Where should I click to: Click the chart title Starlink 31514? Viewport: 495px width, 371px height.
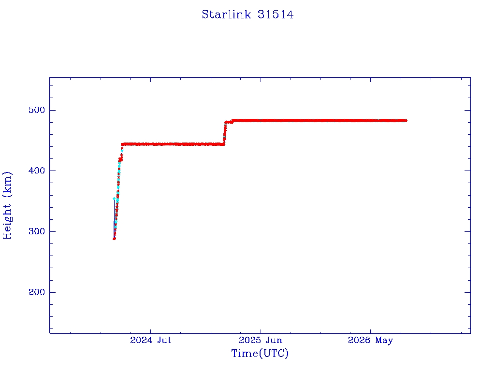point(247,14)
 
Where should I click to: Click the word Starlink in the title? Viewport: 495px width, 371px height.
point(226,14)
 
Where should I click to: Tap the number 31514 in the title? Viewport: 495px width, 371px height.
point(275,14)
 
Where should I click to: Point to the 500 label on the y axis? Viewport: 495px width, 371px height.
point(37,110)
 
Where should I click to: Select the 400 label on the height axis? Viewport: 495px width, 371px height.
point(37,171)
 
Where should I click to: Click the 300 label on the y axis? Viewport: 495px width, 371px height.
point(37,231)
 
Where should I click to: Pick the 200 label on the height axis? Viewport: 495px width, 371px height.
point(37,292)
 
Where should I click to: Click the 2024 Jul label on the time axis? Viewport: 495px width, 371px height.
point(150,340)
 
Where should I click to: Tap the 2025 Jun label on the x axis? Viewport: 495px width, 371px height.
point(261,340)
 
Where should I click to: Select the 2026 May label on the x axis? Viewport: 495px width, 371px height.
point(370,341)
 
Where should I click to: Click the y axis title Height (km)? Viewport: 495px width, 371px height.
point(7,205)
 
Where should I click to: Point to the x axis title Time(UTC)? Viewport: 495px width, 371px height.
point(260,353)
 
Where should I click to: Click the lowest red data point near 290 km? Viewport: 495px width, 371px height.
point(114,239)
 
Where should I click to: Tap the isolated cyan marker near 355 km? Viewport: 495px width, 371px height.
point(114,199)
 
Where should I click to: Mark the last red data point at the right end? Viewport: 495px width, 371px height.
point(406,120)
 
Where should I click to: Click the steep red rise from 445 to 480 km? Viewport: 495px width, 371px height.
point(225,132)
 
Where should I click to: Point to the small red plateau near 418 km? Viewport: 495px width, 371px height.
point(120,159)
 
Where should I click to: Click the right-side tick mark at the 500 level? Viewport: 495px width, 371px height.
point(467,110)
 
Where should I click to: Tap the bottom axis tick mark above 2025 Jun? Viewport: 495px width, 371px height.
point(261,331)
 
